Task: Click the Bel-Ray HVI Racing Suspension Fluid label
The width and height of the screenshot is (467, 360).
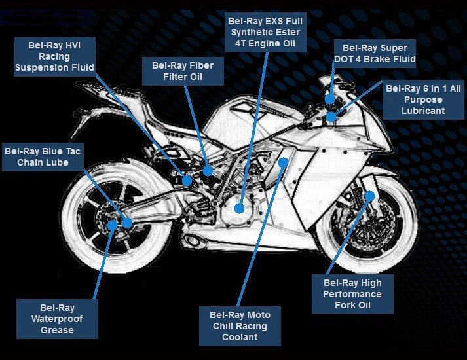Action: pos(54,56)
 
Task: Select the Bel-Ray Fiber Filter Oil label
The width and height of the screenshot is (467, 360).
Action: pos(182,71)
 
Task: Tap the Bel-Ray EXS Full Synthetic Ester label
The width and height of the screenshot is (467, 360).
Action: pos(265,33)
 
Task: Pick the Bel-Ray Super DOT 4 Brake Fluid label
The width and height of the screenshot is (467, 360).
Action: pos(375,54)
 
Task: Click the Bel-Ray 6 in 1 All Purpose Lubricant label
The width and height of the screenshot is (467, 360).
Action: pos(422,99)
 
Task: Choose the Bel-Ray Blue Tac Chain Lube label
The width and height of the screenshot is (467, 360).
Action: pos(43,156)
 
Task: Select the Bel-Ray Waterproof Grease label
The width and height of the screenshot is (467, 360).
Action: pos(57,319)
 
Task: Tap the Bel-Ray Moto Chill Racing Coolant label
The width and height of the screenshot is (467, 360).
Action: pos(240,326)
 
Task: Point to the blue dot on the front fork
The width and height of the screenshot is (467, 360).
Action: pos(369,195)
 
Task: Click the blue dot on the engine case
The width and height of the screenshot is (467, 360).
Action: pos(240,208)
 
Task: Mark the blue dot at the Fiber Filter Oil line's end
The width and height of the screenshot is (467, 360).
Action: pos(208,171)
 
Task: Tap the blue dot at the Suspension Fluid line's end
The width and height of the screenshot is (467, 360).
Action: pos(187,180)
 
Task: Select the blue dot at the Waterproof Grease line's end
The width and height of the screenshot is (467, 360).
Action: pos(112,225)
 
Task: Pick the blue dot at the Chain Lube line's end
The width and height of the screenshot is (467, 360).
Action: pos(127,223)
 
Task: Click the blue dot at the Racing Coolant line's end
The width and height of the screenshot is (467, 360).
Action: pos(283,161)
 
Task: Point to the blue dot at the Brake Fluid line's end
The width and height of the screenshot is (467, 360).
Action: pos(330,99)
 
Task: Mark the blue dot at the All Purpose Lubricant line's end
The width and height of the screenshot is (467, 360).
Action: pos(332,117)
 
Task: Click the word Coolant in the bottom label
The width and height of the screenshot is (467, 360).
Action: pos(240,337)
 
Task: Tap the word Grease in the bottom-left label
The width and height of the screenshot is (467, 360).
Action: pos(57,330)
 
